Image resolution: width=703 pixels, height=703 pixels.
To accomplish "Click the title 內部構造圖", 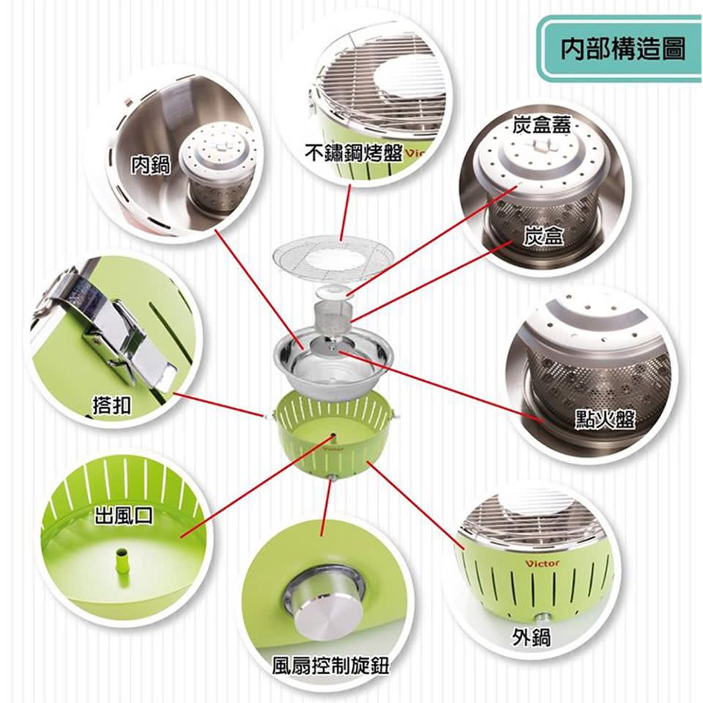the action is (622, 48).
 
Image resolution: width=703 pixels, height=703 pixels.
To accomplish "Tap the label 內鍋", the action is (151, 165).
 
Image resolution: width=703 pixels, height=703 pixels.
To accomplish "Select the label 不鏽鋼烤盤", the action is (354, 153).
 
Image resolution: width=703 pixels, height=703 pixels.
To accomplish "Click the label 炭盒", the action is (543, 235).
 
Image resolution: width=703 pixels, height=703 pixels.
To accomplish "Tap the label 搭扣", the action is (111, 405).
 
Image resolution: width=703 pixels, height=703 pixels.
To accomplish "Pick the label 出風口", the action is (124, 516).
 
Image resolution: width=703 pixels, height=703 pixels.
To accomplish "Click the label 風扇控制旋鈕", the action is (331, 666).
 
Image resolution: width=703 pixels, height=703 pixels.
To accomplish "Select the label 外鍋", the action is (532, 636).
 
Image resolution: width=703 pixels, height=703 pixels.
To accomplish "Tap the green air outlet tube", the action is (122, 562).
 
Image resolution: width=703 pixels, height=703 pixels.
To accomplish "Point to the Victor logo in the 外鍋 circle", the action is (542, 564).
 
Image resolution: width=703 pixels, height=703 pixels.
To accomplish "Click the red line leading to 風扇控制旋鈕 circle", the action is (327, 508).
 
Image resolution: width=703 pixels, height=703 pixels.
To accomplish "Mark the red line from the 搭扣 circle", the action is (219, 405).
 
